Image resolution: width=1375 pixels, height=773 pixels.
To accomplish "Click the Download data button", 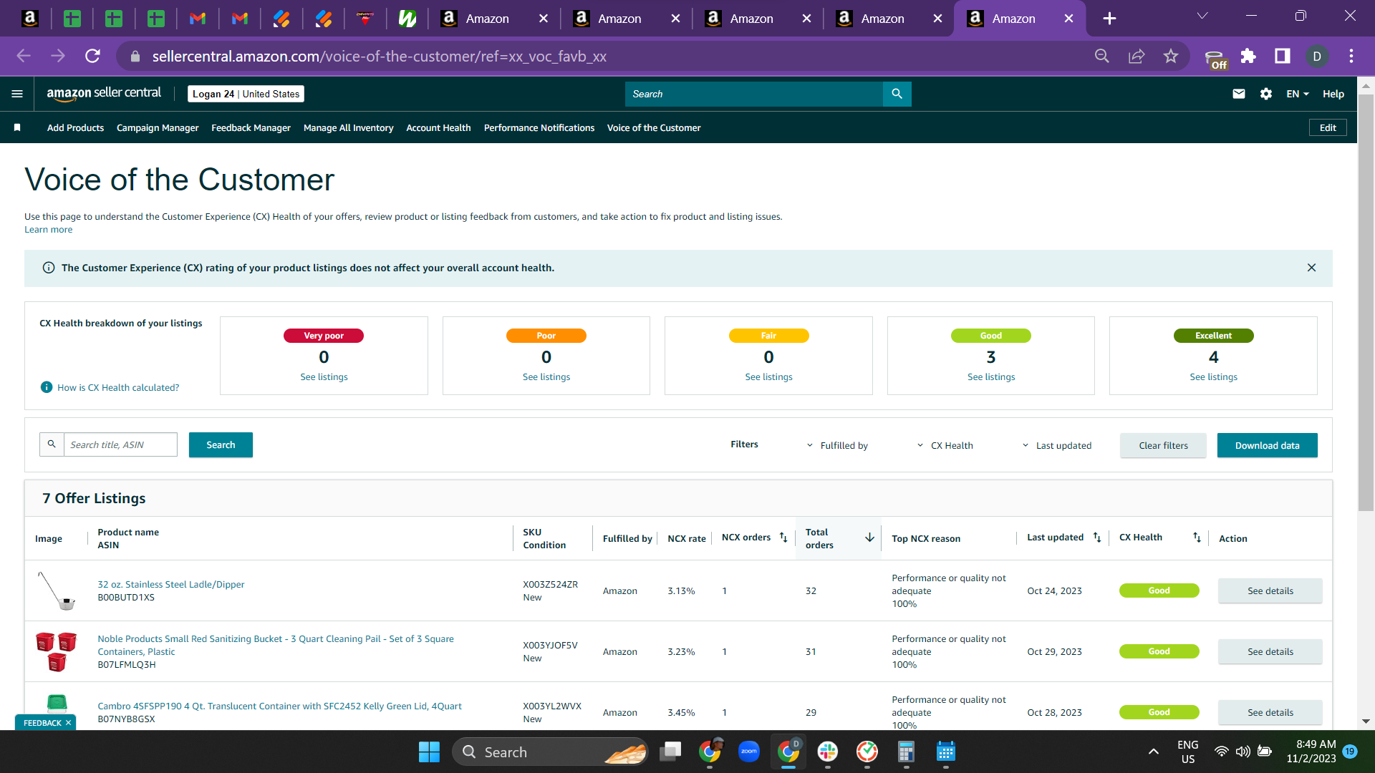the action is click(1267, 445).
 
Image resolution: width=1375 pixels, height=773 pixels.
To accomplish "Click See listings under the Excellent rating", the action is click(1213, 377).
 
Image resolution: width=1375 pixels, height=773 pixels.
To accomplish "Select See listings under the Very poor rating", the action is click(324, 377).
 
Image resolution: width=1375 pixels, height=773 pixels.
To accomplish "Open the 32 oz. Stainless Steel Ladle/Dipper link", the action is click(170, 585).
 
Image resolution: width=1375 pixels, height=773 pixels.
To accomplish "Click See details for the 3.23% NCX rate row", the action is click(1270, 651).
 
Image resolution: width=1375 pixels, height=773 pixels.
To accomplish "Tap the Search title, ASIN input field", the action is click(120, 444).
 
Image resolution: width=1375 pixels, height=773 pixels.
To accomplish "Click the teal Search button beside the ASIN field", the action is click(221, 444).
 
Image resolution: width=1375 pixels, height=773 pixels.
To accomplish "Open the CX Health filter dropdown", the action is click(945, 445).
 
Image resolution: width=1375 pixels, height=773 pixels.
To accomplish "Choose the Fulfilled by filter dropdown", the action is click(837, 445).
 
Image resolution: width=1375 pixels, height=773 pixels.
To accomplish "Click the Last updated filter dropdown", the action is click(1057, 445).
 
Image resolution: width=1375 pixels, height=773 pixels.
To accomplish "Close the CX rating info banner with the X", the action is click(1311, 268).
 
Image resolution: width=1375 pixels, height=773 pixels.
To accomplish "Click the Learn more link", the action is click(48, 230).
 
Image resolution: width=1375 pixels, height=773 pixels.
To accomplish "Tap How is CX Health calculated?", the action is click(118, 388).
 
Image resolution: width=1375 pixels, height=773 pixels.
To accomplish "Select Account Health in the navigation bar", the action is click(438, 128).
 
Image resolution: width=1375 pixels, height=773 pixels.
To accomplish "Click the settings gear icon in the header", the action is click(1266, 94).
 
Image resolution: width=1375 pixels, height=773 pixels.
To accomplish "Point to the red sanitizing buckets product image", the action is click(56, 651).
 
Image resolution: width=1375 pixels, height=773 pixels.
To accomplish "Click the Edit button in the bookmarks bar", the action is click(1328, 128).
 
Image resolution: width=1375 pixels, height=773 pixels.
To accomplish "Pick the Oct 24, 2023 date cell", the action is click(1054, 591).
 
